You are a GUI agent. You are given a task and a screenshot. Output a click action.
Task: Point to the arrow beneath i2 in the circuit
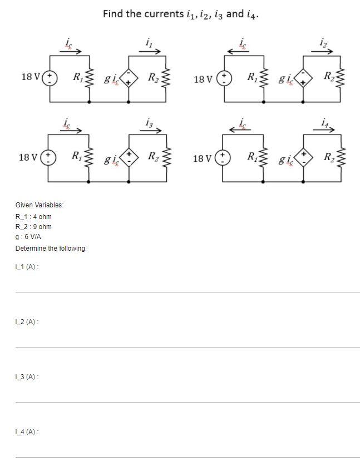(x=323, y=52)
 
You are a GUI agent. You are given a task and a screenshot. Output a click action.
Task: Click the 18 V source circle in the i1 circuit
(x=51, y=76)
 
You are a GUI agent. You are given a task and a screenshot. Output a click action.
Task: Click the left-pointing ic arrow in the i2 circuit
(x=241, y=52)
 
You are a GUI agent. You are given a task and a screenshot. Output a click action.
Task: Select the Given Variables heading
(x=40, y=205)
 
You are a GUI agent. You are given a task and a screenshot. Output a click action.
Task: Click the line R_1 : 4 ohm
(x=33, y=217)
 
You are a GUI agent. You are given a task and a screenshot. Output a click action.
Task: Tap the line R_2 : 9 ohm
(x=33, y=227)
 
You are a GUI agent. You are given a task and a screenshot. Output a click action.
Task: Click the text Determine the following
(x=51, y=248)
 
